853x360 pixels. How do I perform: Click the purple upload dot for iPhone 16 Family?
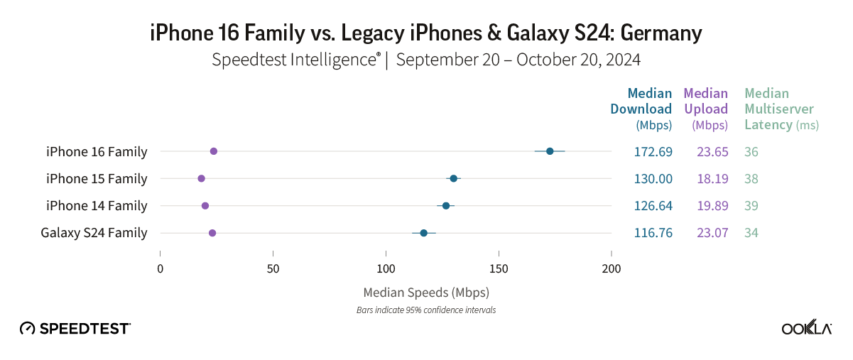click(x=214, y=151)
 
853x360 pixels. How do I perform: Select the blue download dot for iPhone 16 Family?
click(x=550, y=151)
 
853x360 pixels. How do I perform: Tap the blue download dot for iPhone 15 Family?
click(x=454, y=178)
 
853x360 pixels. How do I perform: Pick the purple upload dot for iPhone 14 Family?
click(x=205, y=206)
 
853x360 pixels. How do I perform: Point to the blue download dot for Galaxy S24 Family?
click(x=424, y=233)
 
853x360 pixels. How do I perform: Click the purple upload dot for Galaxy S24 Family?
click(x=212, y=233)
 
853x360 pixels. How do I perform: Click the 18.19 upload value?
click(x=712, y=179)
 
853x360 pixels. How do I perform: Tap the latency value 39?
click(x=751, y=206)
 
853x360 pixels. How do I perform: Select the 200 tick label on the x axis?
click(x=611, y=269)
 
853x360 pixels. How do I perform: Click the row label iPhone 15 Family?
click(x=97, y=179)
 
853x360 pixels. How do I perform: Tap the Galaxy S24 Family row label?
click(x=94, y=233)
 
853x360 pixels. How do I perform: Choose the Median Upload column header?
click(x=706, y=109)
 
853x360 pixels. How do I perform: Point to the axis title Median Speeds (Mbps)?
click(x=426, y=293)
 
